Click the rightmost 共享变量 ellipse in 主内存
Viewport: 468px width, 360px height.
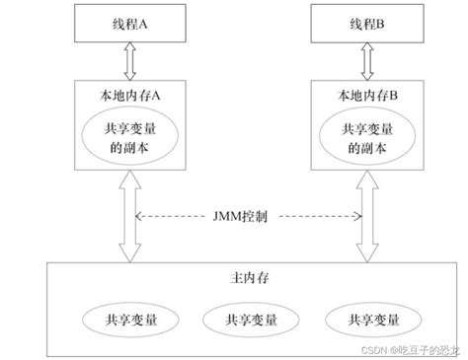pos(363,322)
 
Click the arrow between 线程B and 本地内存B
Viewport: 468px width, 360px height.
pos(364,62)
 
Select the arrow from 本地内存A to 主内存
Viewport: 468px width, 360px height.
pos(126,218)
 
